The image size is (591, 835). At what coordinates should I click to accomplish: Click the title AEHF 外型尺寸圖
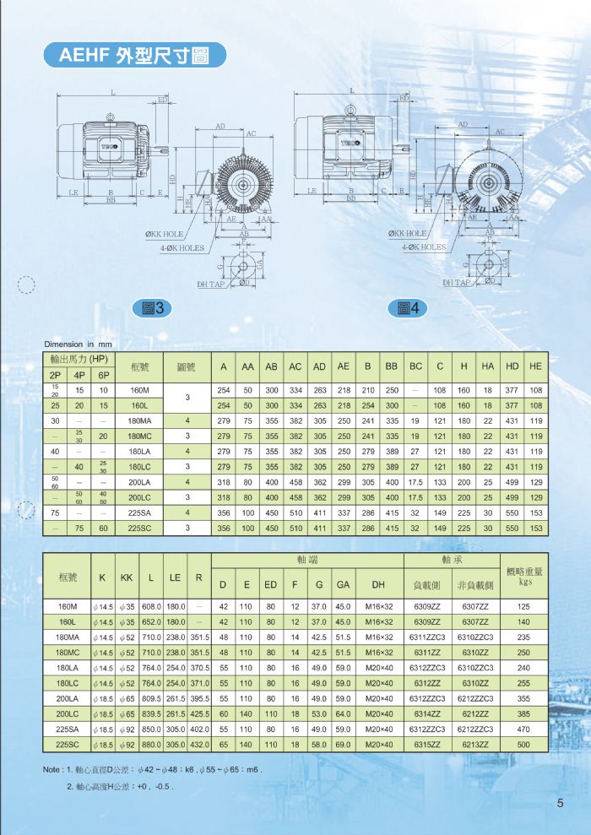(135, 57)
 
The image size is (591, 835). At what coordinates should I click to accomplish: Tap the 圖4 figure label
(408, 309)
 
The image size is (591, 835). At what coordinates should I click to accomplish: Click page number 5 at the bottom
(560, 803)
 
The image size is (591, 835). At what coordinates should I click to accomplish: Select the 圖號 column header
(187, 367)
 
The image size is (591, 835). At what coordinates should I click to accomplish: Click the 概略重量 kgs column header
(524, 576)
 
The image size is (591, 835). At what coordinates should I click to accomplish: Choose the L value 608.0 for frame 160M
(151, 606)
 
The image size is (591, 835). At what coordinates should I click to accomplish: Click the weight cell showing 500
(524, 744)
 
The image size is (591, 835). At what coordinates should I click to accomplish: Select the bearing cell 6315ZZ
(425, 744)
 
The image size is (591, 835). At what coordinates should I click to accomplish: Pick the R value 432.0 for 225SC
(199, 744)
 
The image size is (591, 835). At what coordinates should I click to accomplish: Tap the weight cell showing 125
(524, 606)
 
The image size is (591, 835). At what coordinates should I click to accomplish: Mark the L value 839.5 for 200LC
(151, 713)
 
